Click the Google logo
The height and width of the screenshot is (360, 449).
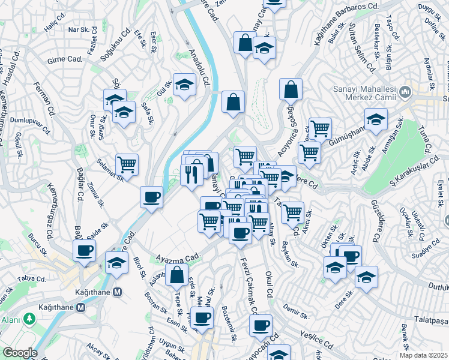coord(20,353)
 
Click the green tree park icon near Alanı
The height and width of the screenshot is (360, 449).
coord(28,318)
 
